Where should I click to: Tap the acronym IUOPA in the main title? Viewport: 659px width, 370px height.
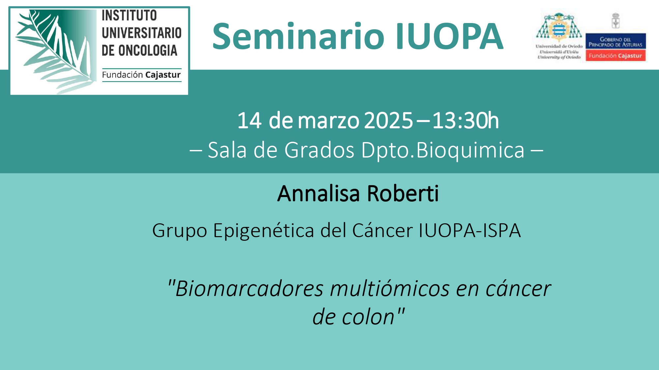pyautogui.click(x=449, y=36)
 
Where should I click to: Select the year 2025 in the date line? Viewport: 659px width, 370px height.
pyautogui.click(x=389, y=121)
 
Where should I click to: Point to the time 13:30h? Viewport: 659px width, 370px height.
pyautogui.click(x=466, y=120)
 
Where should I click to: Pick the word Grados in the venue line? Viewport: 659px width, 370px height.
pyautogui.click(x=319, y=150)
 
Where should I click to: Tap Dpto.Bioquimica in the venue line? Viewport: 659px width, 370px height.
pyautogui.click(x=443, y=151)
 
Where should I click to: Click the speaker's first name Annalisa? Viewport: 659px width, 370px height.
pyautogui.click(x=318, y=193)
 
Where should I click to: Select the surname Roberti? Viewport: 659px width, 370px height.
pyautogui.click(x=403, y=193)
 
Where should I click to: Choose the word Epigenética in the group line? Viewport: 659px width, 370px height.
pyautogui.click(x=264, y=231)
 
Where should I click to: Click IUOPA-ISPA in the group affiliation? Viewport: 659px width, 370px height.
pyautogui.click(x=470, y=230)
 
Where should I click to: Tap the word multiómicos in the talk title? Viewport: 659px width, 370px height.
pyautogui.click(x=390, y=288)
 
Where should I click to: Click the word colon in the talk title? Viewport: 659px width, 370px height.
pyautogui.click(x=368, y=317)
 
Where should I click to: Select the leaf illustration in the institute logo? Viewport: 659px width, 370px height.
pyautogui.click(x=54, y=51)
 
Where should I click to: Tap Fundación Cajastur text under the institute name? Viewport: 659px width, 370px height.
pyautogui.click(x=141, y=75)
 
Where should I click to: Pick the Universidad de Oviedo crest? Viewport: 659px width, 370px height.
pyautogui.click(x=559, y=27)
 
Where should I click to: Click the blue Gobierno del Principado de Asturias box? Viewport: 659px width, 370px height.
pyautogui.click(x=616, y=41)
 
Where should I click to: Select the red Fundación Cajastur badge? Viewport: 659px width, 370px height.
pyautogui.click(x=616, y=56)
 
